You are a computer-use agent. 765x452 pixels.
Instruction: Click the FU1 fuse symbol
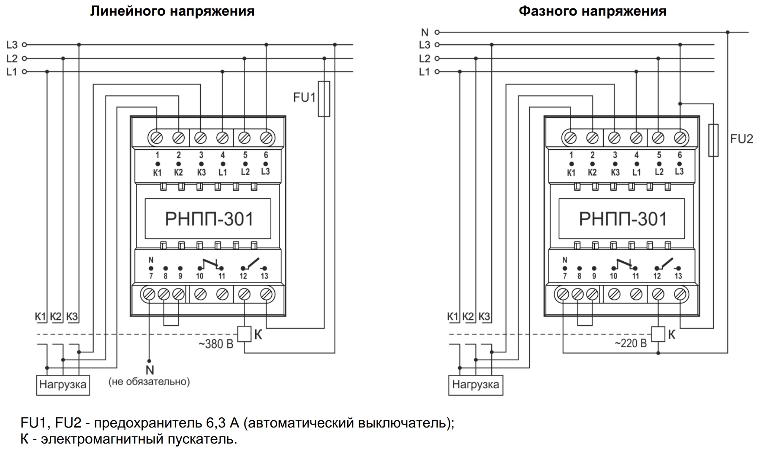click(x=324, y=99)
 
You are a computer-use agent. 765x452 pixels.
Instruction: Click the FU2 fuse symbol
click(x=713, y=140)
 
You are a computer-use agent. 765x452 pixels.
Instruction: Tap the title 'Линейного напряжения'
click(x=172, y=11)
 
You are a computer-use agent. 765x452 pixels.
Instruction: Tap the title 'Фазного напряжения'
click(x=592, y=11)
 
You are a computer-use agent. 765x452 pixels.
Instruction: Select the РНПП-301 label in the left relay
click(x=209, y=219)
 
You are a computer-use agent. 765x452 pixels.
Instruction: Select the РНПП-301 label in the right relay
click(x=623, y=219)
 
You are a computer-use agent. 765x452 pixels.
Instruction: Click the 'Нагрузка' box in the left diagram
click(x=63, y=384)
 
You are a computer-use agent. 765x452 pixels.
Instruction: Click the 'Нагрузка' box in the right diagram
click(x=476, y=384)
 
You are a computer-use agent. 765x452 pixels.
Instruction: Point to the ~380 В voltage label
click(x=216, y=344)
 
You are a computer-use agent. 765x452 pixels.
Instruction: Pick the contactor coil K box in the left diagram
click(x=245, y=334)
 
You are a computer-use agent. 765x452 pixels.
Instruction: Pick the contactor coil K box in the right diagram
click(x=658, y=334)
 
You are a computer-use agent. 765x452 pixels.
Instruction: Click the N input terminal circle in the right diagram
click(x=437, y=32)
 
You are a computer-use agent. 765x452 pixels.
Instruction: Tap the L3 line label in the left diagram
click(x=12, y=45)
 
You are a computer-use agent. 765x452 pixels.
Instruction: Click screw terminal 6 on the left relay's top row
click(x=266, y=138)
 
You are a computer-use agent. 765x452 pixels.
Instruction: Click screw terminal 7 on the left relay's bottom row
click(x=149, y=294)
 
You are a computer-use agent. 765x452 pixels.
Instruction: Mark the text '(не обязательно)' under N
click(x=149, y=382)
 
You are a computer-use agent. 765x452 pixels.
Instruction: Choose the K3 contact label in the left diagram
click(x=72, y=317)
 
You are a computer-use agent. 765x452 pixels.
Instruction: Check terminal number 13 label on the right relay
click(x=678, y=276)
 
